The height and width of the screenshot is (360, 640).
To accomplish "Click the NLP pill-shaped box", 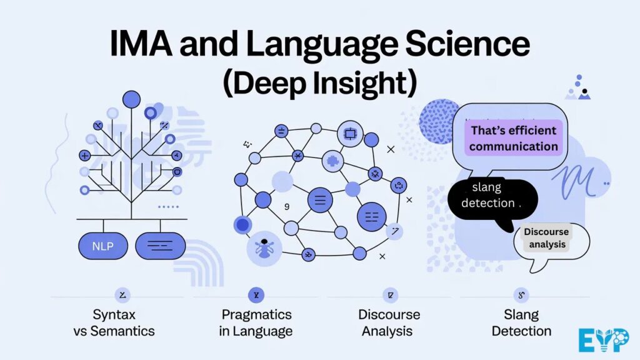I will coord(102,246).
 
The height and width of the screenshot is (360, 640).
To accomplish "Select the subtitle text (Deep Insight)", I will coord(319,84).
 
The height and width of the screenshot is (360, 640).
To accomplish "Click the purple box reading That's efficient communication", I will coord(514,139).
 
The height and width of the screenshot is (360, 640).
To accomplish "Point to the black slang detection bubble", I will coord(492,195).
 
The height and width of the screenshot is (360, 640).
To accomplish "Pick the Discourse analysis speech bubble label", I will coord(547,238).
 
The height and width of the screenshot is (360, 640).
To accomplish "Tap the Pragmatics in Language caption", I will coord(255,322).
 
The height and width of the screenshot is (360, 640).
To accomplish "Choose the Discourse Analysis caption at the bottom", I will coord(389,322).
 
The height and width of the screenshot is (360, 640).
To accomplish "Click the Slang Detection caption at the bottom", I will coord(521,322).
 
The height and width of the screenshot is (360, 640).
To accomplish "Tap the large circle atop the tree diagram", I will coord(131,99).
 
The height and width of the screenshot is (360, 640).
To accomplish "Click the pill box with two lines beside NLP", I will coord(161,246).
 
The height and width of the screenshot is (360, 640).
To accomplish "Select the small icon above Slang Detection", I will coord(521,295).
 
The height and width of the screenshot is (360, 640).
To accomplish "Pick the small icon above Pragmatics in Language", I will coord(256,295).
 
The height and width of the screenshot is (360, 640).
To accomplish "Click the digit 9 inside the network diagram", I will coord(287,206).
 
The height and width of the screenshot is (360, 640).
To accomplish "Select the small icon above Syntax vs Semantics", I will coord(122,295).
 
